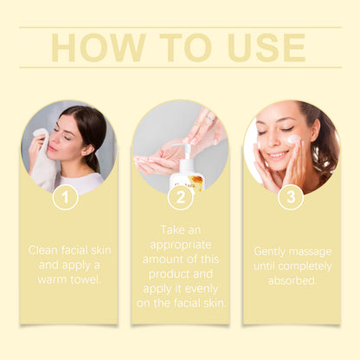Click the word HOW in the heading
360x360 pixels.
click(99, 48)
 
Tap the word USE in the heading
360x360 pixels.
click(267, 48)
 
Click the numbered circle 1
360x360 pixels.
click(66, 197)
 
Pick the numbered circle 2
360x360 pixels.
click(180, 197)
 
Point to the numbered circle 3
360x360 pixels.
click(291, 197)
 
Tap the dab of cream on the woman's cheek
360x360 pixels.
click(294, 139)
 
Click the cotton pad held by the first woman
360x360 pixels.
click(40, 133)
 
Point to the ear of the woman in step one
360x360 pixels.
click(87, 149)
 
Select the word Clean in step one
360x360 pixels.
click(43, 250)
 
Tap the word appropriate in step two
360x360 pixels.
click(181, 246)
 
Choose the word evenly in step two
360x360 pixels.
click(201, 289)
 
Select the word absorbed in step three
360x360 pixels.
click(292, 280)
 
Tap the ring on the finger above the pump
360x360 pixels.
click(210, 118)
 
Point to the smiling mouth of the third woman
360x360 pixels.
click(279, 156)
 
